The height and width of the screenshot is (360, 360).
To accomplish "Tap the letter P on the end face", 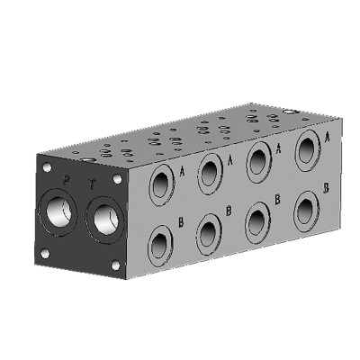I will [65, 181].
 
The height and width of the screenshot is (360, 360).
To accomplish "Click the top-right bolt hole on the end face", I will [119, 178].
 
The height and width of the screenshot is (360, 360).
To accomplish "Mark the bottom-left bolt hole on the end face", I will [45, 253].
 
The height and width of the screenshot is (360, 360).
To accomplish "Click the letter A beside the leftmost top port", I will [183, 168].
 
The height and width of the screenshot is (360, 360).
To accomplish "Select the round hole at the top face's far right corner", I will [289, 112].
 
